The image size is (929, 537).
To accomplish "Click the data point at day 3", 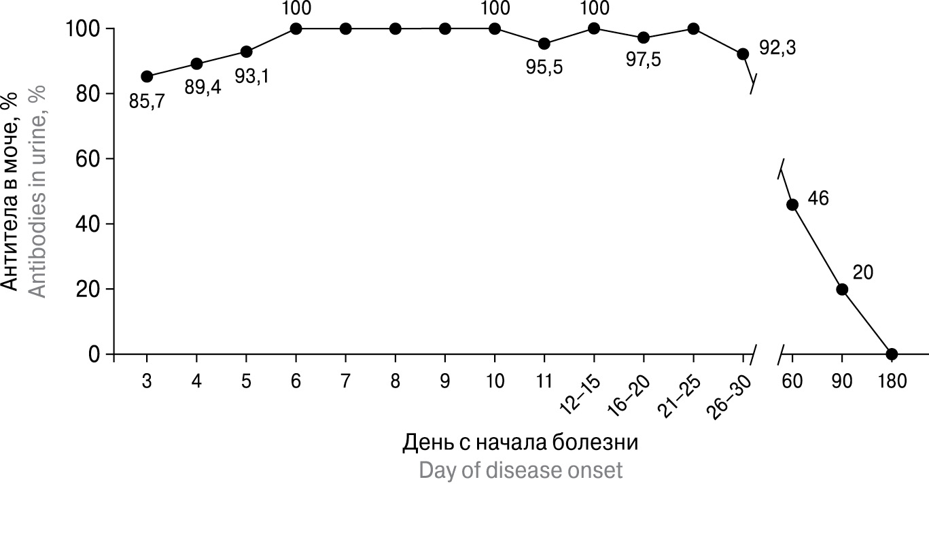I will coord(147,77).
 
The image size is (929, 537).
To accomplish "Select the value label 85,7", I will coord(147,103).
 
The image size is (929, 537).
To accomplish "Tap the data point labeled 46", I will coord(792,205).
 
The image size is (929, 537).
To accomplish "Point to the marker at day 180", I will coord(892,354).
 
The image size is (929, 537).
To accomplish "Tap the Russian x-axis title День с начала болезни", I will coord(521,443).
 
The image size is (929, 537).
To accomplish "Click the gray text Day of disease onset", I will coord(521,470).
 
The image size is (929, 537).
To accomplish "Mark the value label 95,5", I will coord(545,68).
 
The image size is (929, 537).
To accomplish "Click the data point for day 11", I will coord(544,44).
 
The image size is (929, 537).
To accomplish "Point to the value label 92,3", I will coord(777,49).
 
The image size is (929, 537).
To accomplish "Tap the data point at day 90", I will coord(842,289).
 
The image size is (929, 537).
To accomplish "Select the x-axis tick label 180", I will coord(892,381).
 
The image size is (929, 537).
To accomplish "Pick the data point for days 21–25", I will coord(693,29).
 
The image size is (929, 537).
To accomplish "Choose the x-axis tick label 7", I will coord(345,381).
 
